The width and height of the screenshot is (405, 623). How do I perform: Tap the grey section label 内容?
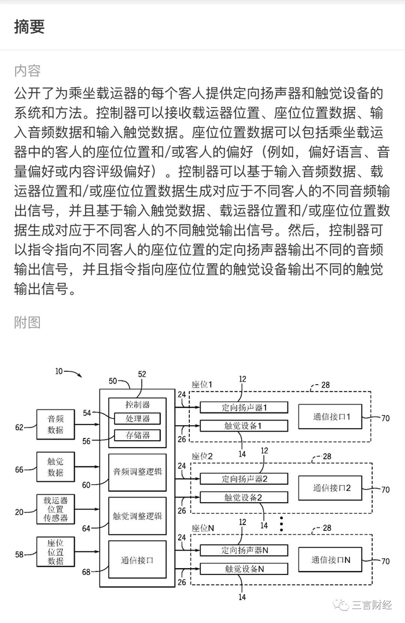pyautogui.click(x=27, y=71)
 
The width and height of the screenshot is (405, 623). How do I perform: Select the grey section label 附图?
pyautogui.click(x=27, y=322)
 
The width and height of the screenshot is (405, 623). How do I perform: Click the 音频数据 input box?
pyautogui.click(x=56, y=425)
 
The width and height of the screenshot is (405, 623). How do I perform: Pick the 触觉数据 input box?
pyautogui.click(x=56, y=467)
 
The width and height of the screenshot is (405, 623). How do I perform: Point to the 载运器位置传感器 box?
pyautogui.click(x=56, y=509)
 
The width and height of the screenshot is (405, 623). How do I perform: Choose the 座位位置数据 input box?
pyautogui.click(x=56, y=552)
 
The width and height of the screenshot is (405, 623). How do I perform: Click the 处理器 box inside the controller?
pyautogui.click(x=138, y=418)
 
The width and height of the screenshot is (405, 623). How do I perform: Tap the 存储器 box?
pyautogui.click(x=138, y=435)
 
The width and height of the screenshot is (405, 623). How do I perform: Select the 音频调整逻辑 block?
pyautogui.click(x=138, y=471)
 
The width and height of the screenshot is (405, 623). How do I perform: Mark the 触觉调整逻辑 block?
pyautogui.click(x=138, y=515)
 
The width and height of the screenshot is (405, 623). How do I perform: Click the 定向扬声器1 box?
pyautogui.click(x=244, y=407)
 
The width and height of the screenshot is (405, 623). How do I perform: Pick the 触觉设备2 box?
pyautogui.click(x=244, y=497)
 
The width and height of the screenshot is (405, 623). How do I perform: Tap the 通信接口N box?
pyautogui.click(x=330, y=559)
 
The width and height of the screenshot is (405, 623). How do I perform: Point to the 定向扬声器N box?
pyautogui.click(x=244, y=550)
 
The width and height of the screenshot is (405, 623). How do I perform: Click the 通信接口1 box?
pyautogui.click(x=330, y=416)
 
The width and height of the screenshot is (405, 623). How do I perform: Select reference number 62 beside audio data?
pyautogui.click(x=20, y=427)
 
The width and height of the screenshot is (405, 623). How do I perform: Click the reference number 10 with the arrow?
pyautogui.click(x=59, y=372)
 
